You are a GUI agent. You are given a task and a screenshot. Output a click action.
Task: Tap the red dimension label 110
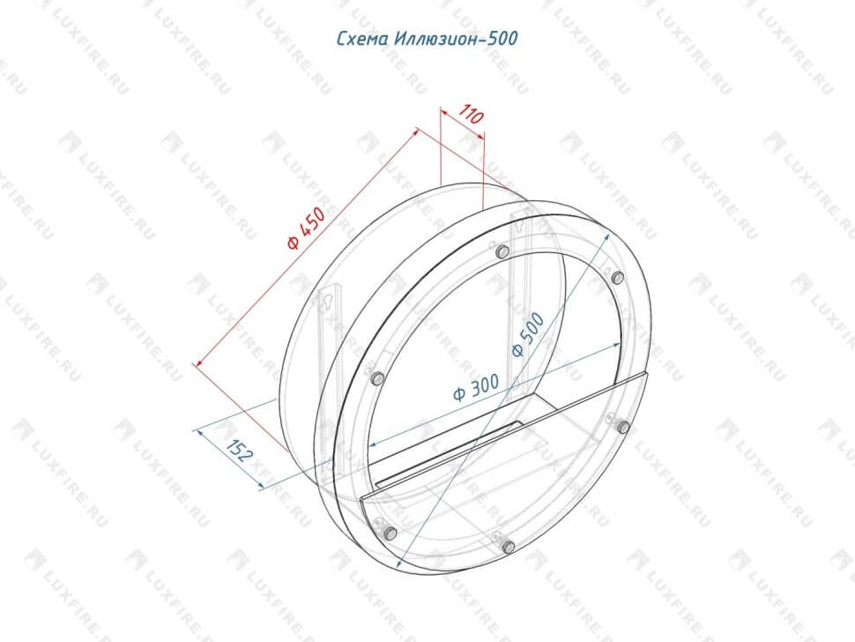click(471, 115)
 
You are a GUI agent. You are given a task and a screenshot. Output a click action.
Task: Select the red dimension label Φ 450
click(307, 228)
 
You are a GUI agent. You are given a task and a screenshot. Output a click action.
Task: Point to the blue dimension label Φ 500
click(528, 335)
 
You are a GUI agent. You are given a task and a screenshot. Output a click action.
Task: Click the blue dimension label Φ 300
click(476, 387)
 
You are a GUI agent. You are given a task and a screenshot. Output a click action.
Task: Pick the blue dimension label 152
click(240, 451)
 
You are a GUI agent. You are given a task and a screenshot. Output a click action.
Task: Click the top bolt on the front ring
click(502, 252)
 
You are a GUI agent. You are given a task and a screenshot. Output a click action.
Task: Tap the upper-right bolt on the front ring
click(617, 278)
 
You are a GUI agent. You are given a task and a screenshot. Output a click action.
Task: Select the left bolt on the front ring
click(376, 378)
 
